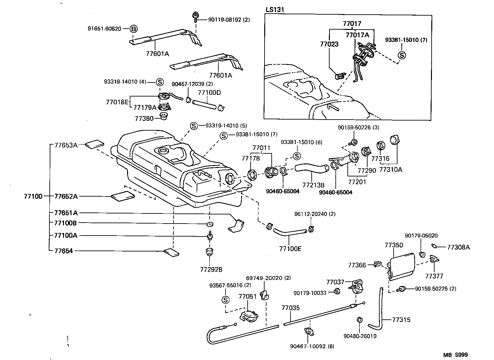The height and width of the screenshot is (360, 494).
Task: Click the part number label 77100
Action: (x=33, y=196)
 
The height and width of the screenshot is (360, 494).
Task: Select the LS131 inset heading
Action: (x=275, y=10)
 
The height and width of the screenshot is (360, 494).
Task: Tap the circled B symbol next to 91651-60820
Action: (x=134, y=29)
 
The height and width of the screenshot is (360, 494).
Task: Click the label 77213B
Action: (x=313, y=185)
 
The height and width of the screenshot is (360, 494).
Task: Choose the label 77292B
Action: (x=211, y=269)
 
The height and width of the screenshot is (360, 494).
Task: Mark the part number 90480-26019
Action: (x=360, y=336)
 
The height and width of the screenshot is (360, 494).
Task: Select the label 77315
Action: (x=401, y=320)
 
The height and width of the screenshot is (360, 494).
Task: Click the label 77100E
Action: (x=290, y=249)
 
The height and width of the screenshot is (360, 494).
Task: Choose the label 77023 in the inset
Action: (x=328, y=44)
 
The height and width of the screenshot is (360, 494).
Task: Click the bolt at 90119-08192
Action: (x=196, y=15)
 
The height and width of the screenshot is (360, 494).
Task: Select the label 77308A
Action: (x=458, y=247)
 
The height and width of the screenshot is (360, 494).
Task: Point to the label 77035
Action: (x=290, y=308)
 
